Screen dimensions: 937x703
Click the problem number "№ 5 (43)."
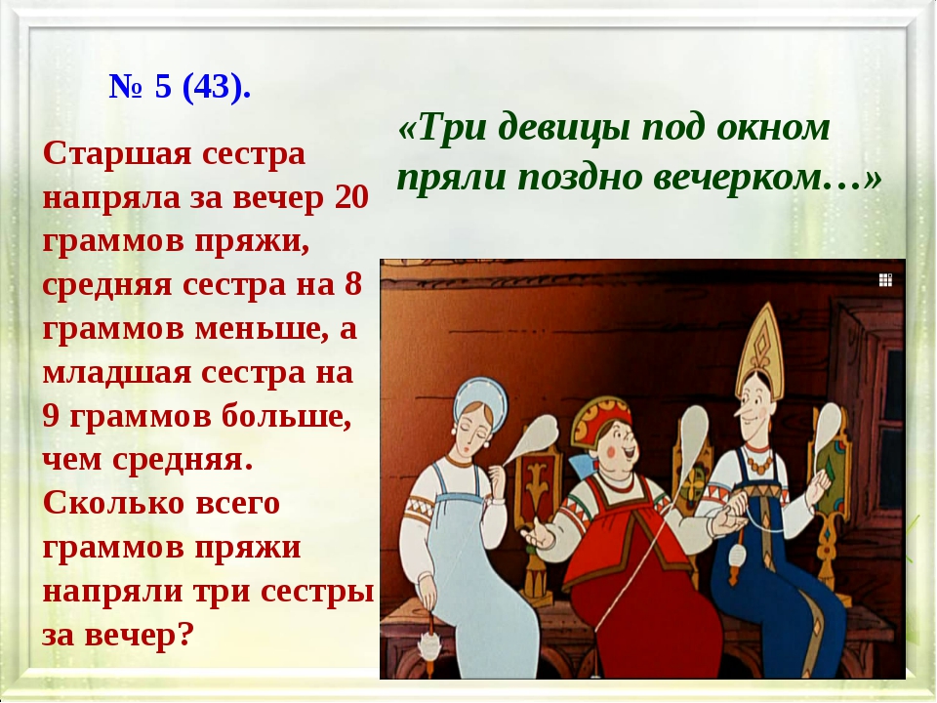[x=180, y=86]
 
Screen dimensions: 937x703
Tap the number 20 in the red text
[x=351, y=197]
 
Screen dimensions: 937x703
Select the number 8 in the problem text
[x=353, y=284]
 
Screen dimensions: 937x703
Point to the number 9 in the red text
[x=51, y=416]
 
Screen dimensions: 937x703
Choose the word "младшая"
[x=116, y=372]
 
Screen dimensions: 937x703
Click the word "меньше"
[x=262, y=328]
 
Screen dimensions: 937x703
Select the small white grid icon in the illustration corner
[x=885, y=280]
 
